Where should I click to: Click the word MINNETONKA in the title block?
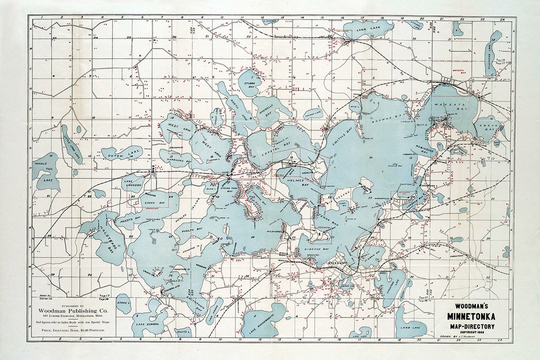470,316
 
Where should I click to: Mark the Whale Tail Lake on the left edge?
45,170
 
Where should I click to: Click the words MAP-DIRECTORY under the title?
470,326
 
